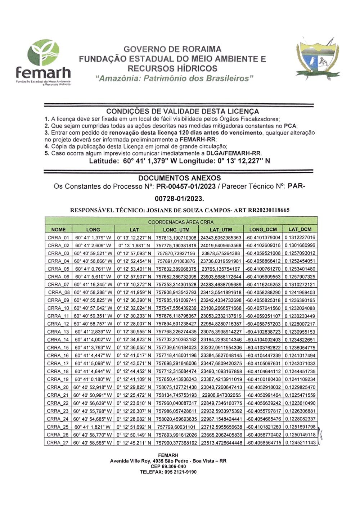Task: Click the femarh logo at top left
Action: coord(43,63)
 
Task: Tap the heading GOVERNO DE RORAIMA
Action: coord(172,49)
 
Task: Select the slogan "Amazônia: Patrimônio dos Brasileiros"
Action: coord(174,78)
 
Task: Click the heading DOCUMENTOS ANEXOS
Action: coord(179,178)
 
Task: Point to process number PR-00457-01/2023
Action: coord(186,186)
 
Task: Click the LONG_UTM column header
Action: coord(176,229)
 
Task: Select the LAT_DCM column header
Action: coord(300,229)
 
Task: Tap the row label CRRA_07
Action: coord(58,285)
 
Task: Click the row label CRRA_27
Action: coord(58,443)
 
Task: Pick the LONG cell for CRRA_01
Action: coord(93,238)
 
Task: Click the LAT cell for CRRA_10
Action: coord(134,308)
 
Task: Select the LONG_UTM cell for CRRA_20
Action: coord(176,387)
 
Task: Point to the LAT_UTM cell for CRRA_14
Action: coord(221,340)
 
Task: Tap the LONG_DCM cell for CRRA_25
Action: coord(263,427)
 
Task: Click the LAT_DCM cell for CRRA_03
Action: coord(300,253)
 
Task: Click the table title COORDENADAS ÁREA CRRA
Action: coord(181,222)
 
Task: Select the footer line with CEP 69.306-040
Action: coord(168,466)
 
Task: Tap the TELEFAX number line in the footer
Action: coord(168,472)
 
